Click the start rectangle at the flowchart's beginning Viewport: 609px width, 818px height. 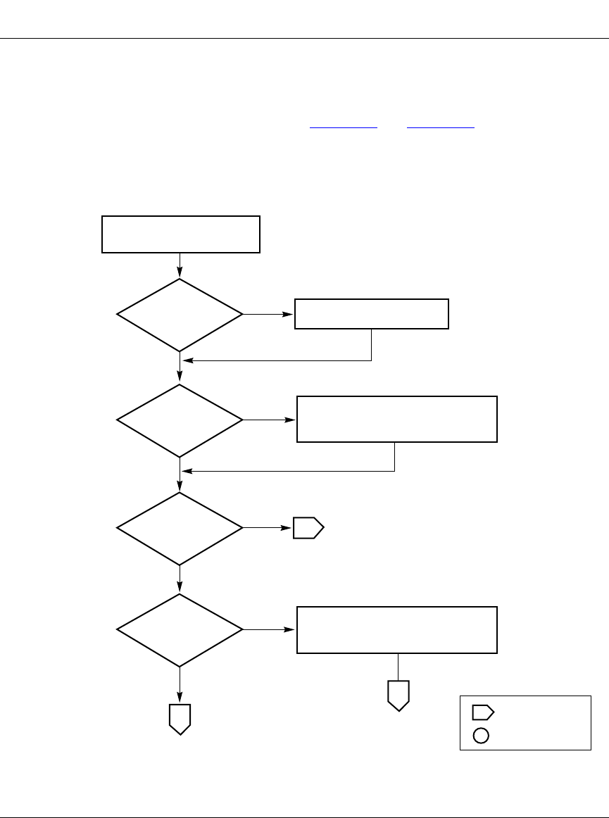181,234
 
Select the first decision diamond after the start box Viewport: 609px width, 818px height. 180,315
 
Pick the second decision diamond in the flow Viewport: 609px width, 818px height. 180,420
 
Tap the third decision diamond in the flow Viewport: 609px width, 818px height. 180,527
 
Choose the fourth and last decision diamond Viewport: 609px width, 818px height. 180,629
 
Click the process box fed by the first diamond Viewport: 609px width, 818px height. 371,314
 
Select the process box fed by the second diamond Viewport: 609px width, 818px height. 397,420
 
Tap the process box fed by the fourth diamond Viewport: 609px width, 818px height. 397,629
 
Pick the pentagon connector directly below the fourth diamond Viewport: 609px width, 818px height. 181,719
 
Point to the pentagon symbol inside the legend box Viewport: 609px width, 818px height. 483,712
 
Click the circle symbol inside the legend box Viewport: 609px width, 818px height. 481,736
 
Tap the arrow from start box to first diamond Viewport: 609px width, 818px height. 181,265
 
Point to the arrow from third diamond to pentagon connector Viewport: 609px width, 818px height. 268,527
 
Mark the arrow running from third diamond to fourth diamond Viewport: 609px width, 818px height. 181,578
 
